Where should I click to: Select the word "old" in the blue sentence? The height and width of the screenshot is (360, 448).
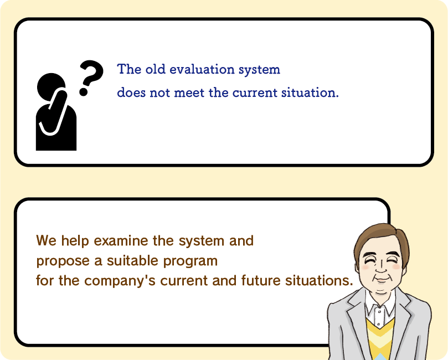click(x=156, y=69)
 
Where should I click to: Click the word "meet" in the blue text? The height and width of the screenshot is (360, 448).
click(x=189, y=93)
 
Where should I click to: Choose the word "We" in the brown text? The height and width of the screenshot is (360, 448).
click(x=47, y=240)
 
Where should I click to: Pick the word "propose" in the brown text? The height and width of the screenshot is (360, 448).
click(x=63, y=261)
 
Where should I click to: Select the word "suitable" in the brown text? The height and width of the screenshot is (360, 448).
click(x=132, y=260)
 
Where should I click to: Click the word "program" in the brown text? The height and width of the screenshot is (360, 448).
click(x=190, y=261)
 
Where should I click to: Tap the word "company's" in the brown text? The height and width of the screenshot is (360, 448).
click(x=120, y=281)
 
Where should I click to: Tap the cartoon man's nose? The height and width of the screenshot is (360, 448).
click(x=381, y=268)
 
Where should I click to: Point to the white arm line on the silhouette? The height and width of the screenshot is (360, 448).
click(x=55, y=113)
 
